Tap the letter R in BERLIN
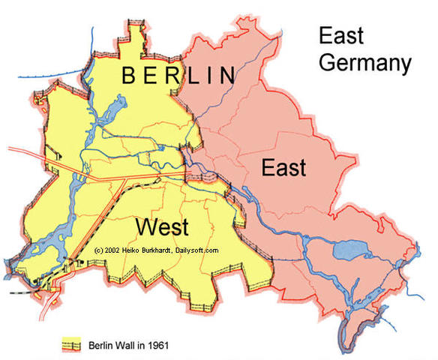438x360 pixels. (x=175, y=76)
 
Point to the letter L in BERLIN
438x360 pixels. (x=196, y=76)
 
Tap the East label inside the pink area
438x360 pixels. (x=283, y=167)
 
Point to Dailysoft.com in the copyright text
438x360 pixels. (x=198, y=250)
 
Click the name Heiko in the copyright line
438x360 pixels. (x=136, y=250)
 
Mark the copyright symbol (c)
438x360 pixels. (x=100, y=250)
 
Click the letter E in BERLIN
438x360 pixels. (x=153, y=76)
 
